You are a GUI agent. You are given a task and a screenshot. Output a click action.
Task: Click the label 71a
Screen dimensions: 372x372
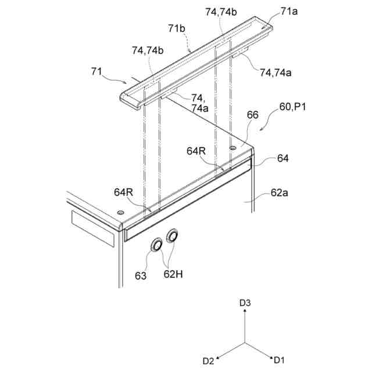[x=288, y=11]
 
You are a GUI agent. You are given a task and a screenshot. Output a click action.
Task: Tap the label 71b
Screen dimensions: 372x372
[x=177, y=28]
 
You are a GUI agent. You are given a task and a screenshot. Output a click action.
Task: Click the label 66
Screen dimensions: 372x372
[x=252, y=116]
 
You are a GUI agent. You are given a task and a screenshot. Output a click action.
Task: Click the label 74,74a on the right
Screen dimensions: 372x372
[x=276, y=73]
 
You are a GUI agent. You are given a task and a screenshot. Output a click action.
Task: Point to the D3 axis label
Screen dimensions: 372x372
[x=245, y=303]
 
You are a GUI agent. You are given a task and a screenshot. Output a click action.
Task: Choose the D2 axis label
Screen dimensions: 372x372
[x=208, y=360]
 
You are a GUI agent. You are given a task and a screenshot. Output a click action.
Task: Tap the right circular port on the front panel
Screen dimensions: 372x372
[x=173, y=236]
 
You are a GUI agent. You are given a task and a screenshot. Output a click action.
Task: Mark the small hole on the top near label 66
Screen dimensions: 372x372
[x=233, y=149]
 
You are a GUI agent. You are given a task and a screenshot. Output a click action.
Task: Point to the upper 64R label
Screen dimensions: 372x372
[x=196, y=151]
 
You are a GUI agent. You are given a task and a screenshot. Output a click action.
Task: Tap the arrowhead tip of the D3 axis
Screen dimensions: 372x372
[x=245, y=311]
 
